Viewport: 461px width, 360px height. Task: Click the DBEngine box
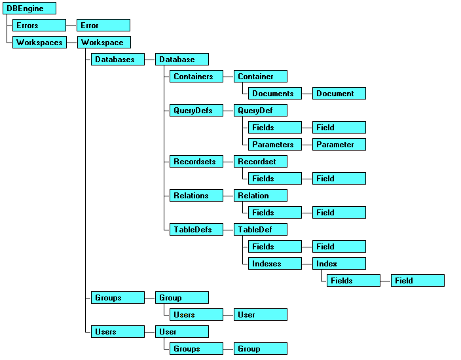click(x=29, y=9)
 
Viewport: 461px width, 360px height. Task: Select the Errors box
click(x=39, y=26)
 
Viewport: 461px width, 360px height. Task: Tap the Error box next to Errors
click(x=103, y=26)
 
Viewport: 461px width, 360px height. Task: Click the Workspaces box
click(x=39, y=43)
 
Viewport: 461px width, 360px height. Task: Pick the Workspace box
click(x=103, y=43)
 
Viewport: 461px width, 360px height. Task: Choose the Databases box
click(x=117, y=60)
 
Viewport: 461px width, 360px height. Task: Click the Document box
click(x=339, y=94)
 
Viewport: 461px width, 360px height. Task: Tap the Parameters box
click(x=275, y=145)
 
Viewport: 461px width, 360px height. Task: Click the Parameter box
click(x=339, y=145)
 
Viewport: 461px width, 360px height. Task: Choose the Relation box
click(x=260, y=196)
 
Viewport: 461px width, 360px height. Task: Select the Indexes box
click(x=275, y=264)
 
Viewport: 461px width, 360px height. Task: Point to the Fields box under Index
click(x=354, y=281)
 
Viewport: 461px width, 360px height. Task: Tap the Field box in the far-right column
click(x=418, y=281)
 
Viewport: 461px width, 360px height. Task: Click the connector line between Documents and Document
click(x=307, y=94)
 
